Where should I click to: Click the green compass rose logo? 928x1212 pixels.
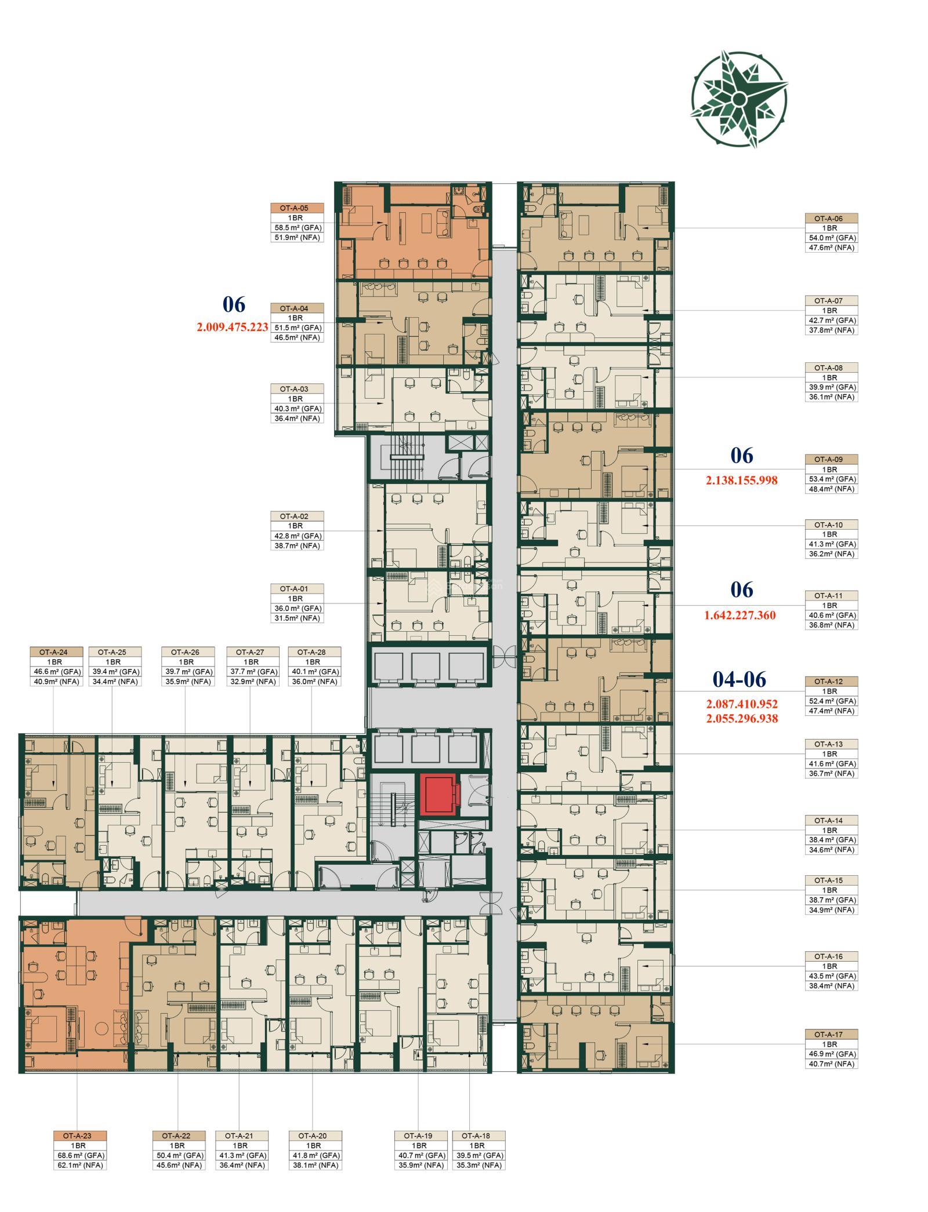click(738, 99)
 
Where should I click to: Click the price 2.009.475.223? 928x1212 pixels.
click(232, 327)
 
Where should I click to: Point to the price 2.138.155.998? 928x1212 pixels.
click(741, 480)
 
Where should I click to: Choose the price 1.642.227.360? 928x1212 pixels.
click(739, 615)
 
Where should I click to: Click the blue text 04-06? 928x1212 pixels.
click(739, 679)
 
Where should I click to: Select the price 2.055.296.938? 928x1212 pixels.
click(742, 718)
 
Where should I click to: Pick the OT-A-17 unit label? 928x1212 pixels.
click(831, 1034)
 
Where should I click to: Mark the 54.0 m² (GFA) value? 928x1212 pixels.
click(831, 238)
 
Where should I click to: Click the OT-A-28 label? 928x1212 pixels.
click(314, 652)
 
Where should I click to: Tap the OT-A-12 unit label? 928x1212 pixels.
click(831, 682)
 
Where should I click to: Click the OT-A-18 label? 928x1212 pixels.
click(478, 1135)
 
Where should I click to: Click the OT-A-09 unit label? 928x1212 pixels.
click(831, 460)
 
